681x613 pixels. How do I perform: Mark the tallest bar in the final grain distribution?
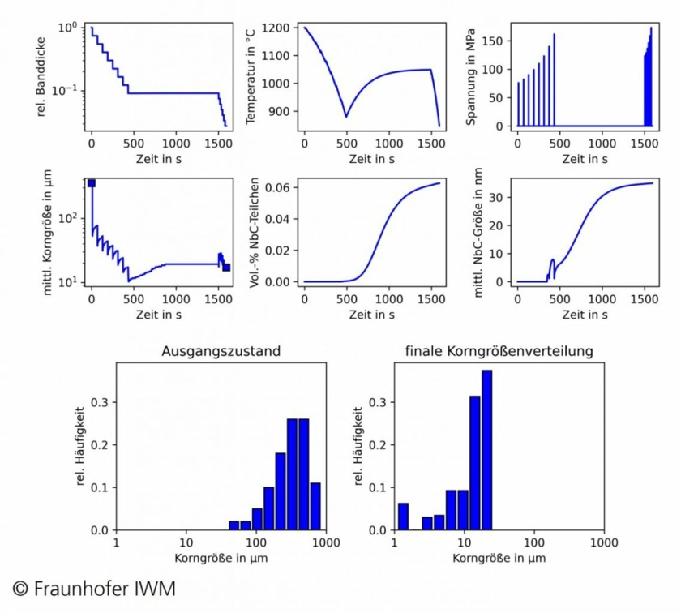click(x=486, y=450)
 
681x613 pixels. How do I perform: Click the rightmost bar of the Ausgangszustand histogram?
click(x=315, y=507)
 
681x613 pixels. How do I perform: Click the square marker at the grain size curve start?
click(x=92, y=183)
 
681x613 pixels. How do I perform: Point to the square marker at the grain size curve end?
click(x=226, y=268)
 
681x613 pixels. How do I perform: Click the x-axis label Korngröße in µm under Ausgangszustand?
click(x=221, y=559)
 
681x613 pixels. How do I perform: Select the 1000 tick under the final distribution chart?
click(x=602, y=542)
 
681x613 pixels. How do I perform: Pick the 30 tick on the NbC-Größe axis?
click(x=503, y=197)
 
